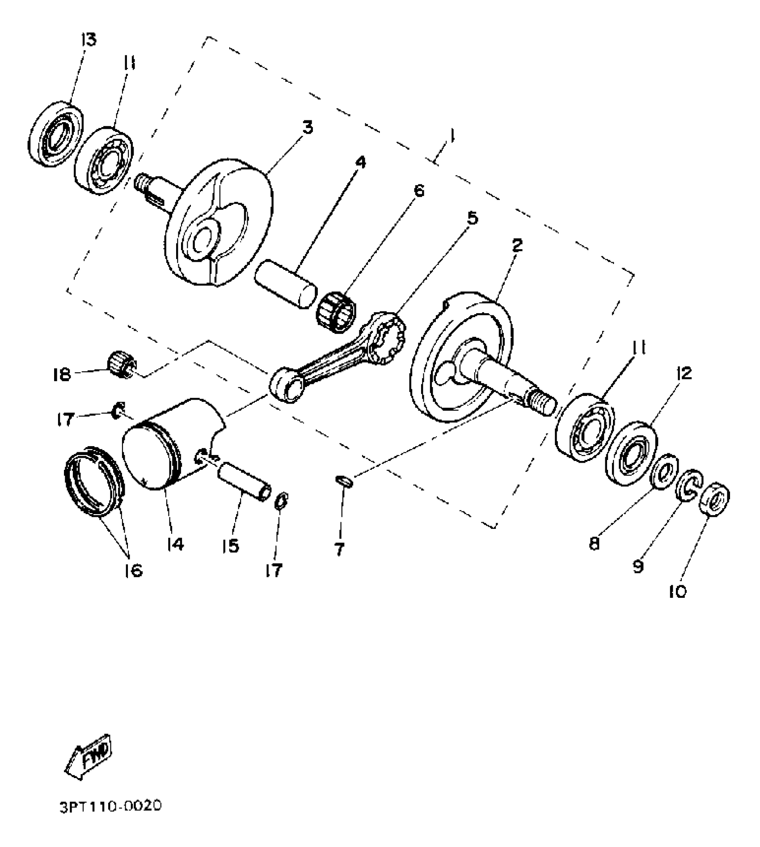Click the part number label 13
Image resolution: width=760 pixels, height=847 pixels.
(x=89, y=40)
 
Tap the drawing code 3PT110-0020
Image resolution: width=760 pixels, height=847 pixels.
(x=110, y=806)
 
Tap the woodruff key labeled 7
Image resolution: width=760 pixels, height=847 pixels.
(x=344, y=481)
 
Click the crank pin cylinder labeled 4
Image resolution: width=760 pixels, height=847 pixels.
(x=284, y=283)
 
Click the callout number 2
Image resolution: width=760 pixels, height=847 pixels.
(x=517, y=245)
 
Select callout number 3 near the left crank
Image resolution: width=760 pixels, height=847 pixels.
(x=307, y=128)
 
